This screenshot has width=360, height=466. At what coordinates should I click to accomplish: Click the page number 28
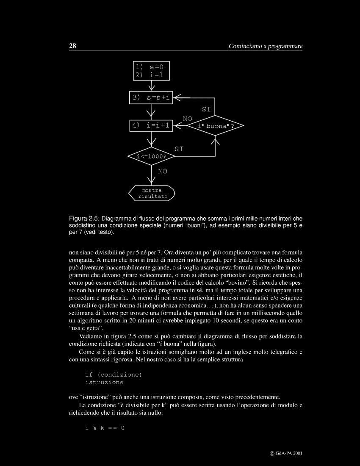(72, 46)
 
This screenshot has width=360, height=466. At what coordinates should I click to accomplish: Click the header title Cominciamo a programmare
(266, 46)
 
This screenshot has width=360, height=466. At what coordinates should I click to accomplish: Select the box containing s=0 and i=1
(152, 71)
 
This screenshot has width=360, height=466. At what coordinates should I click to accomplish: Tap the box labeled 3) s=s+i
(151, 98)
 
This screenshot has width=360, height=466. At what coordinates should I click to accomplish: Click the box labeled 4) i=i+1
(151, 125)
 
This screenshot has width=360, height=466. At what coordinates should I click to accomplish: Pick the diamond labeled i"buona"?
(216, 126)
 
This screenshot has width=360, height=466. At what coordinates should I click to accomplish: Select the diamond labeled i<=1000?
(151, 156)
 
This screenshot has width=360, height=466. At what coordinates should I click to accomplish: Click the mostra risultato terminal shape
(152, 193)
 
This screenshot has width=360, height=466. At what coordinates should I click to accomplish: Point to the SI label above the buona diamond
(206, 109)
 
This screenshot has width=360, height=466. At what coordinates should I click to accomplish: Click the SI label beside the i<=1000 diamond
(179, 149)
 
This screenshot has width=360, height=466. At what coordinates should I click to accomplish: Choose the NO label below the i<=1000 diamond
(162, 172)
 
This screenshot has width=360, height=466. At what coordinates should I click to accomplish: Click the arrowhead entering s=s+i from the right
(177, 98)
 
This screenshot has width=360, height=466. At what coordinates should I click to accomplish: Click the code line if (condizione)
(114, 374)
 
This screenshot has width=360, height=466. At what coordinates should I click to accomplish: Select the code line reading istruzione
(104, 382)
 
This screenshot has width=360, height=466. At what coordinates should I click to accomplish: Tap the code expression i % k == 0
(105, 428)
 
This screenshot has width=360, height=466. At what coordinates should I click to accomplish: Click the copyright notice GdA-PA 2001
(286, 452)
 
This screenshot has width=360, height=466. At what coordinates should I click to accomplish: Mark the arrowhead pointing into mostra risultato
(151, 182)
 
